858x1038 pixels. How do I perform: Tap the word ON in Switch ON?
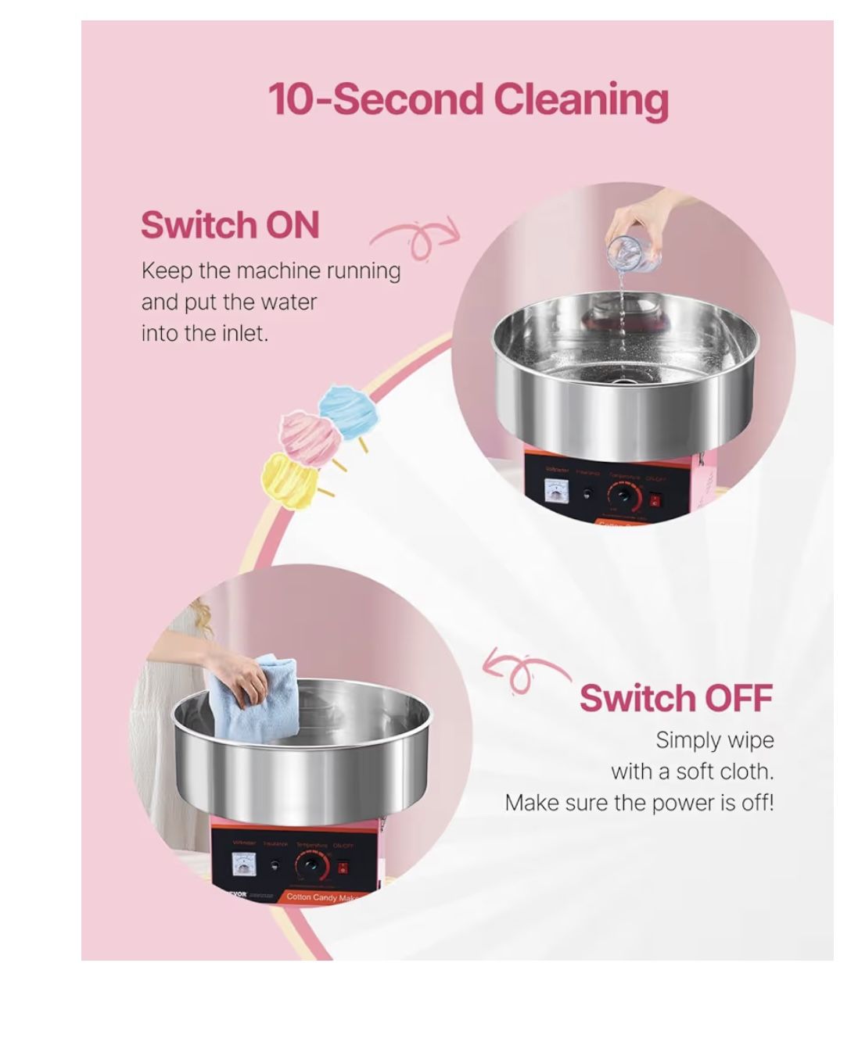tap(293, 225)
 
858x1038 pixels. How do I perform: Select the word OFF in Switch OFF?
tap(738, 698)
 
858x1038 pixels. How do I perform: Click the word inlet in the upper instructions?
tap(243, 334)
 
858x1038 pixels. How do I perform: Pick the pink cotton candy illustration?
tap(310, 437)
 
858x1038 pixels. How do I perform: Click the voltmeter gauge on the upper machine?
tap(558, 491)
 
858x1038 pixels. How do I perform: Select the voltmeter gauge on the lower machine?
tap(244, 864)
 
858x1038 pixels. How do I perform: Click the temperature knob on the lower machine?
tap(311, 865)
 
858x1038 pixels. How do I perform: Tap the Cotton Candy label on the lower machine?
tap(321, 897)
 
